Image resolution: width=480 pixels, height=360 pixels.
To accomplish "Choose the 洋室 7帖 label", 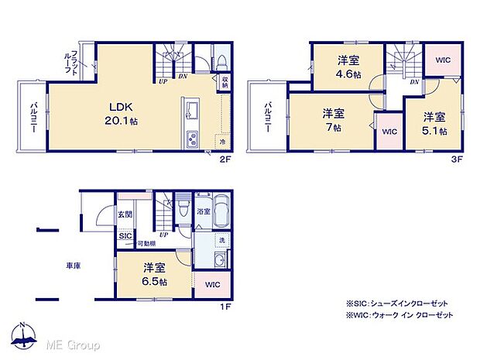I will pyautogui.click(x=334, y=120).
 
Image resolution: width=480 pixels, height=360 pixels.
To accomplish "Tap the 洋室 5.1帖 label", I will pyautogui.click(x=434, y=123).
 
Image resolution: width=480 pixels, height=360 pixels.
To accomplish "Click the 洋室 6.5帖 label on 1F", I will pyautogui.click(x=155, y=274).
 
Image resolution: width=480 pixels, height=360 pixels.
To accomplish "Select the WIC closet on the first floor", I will pyautogui.click(x=212, y=285).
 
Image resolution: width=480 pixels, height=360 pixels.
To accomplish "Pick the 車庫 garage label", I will pyautogui.click(x=74, y=266).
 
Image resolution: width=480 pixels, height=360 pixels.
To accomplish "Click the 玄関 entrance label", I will pyautogui.click(x=125, y=214).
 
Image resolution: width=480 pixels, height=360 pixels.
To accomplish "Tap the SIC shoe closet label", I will pyautogui.click(x=125, y=237).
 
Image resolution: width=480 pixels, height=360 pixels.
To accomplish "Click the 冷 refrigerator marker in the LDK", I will pyautogui.click(x=223, y=142).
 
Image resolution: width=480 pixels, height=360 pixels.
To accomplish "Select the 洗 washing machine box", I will pyautogui.click(x=221, y=241).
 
